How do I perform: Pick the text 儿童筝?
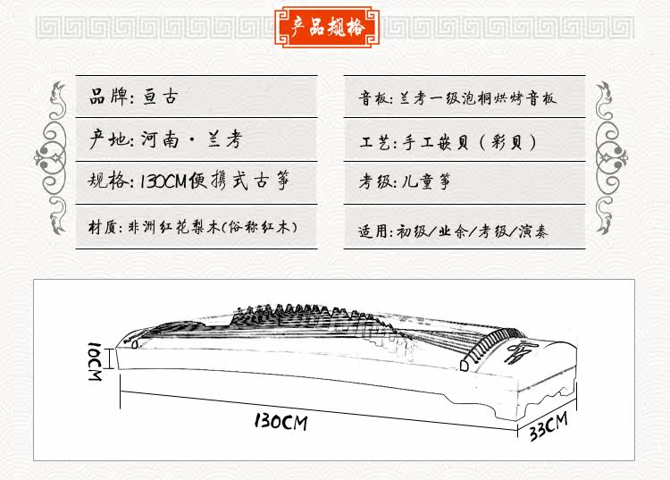427,182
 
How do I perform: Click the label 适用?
375,231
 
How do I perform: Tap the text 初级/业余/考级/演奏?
476,231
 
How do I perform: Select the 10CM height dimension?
96,359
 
